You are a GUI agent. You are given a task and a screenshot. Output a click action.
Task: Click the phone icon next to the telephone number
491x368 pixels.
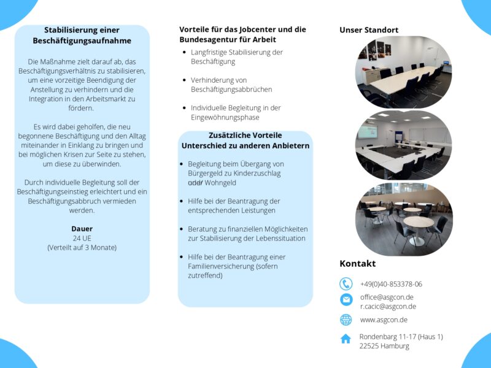[346, 284]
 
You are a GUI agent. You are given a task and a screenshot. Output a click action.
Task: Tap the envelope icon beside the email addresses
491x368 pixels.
[346, 299]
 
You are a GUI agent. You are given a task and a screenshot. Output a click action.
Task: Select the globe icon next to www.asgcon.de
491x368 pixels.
[346, 320]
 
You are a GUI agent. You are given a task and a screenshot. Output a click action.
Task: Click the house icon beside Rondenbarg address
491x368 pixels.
[346, 339]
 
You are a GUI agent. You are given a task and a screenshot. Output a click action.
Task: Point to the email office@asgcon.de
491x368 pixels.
[387, 297]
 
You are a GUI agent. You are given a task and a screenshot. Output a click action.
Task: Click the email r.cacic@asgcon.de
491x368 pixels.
[388, 306]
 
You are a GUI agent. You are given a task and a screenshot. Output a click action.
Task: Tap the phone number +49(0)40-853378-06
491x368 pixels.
[391, 284]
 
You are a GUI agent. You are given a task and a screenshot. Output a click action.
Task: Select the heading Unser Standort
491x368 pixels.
[369, 30]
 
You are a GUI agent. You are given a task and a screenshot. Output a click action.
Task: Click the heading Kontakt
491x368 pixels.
[357, 264]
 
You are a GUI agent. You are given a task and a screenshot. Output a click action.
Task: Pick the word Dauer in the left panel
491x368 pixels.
[82, 229]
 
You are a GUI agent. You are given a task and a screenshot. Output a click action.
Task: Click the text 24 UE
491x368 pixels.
[82, 238]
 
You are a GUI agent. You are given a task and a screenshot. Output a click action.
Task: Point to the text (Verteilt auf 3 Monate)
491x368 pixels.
[82, 248]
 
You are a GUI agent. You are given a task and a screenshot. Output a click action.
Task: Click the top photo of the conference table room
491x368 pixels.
[403, 72]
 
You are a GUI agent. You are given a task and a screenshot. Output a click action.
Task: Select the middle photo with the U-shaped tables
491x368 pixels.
[403, 145]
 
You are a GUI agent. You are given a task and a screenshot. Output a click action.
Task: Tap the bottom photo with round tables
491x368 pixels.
[403, 219]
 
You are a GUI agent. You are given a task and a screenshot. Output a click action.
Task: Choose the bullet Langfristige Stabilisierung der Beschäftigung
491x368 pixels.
[236, 57]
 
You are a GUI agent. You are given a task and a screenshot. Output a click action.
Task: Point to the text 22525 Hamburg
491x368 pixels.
[384, 346]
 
